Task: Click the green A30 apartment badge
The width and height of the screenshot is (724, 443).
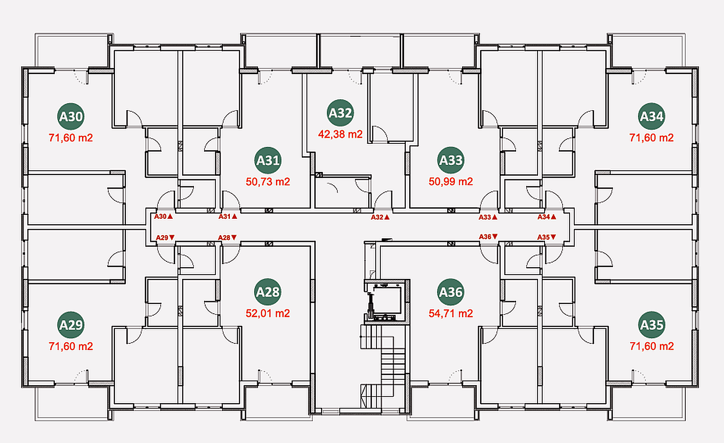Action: click(71, 116)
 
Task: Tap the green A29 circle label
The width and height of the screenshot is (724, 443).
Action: click(71, 325)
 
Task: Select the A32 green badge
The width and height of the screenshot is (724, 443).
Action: click(340, 113)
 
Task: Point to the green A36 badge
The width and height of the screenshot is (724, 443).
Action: click(451, 292)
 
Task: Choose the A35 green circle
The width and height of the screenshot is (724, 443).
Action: click(652, 325)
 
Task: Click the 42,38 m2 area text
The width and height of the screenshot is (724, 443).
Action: click(340, 134)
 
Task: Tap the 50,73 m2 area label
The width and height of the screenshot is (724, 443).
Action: click(268, 182)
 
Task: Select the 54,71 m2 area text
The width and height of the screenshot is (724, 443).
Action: click(451, 313)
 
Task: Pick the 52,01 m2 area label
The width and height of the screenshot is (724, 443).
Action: click(268, 313)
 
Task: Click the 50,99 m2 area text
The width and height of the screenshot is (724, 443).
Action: click(451, 182)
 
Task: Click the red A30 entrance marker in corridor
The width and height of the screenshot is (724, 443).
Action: click(163, 216)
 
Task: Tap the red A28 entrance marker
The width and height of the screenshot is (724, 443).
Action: click(227, 238)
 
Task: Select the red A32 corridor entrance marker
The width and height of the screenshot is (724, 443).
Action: click(380, 217)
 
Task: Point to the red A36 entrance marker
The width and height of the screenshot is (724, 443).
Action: click(488, 237)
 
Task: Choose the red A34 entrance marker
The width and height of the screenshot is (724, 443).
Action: click(547, 217)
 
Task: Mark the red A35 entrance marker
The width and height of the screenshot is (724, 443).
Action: click(547, 237)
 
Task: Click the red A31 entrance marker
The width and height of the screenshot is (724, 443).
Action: click(228, 216)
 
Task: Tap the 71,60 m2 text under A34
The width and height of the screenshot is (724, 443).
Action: click(652, 138)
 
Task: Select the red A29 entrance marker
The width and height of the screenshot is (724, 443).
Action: click(165, 238)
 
